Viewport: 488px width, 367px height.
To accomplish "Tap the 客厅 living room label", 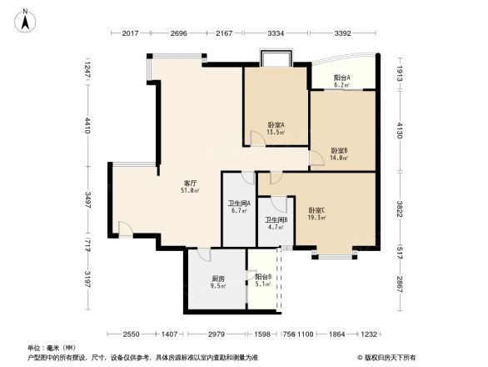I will (x=190, y=183).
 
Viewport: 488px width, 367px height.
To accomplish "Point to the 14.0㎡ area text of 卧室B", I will (x=338, y=158).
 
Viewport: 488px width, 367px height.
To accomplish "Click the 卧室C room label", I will (x=316, y=209).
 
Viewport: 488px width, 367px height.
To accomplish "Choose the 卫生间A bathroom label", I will (x=240, y=203).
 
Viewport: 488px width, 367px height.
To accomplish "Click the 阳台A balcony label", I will (x=342, y=77).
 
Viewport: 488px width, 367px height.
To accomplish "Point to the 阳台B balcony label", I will (x=262, y=277).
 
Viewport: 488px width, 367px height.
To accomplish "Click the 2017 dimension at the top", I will (x=129, y=33).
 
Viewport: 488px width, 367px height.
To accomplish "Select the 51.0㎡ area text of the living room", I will (x=190, y=191).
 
